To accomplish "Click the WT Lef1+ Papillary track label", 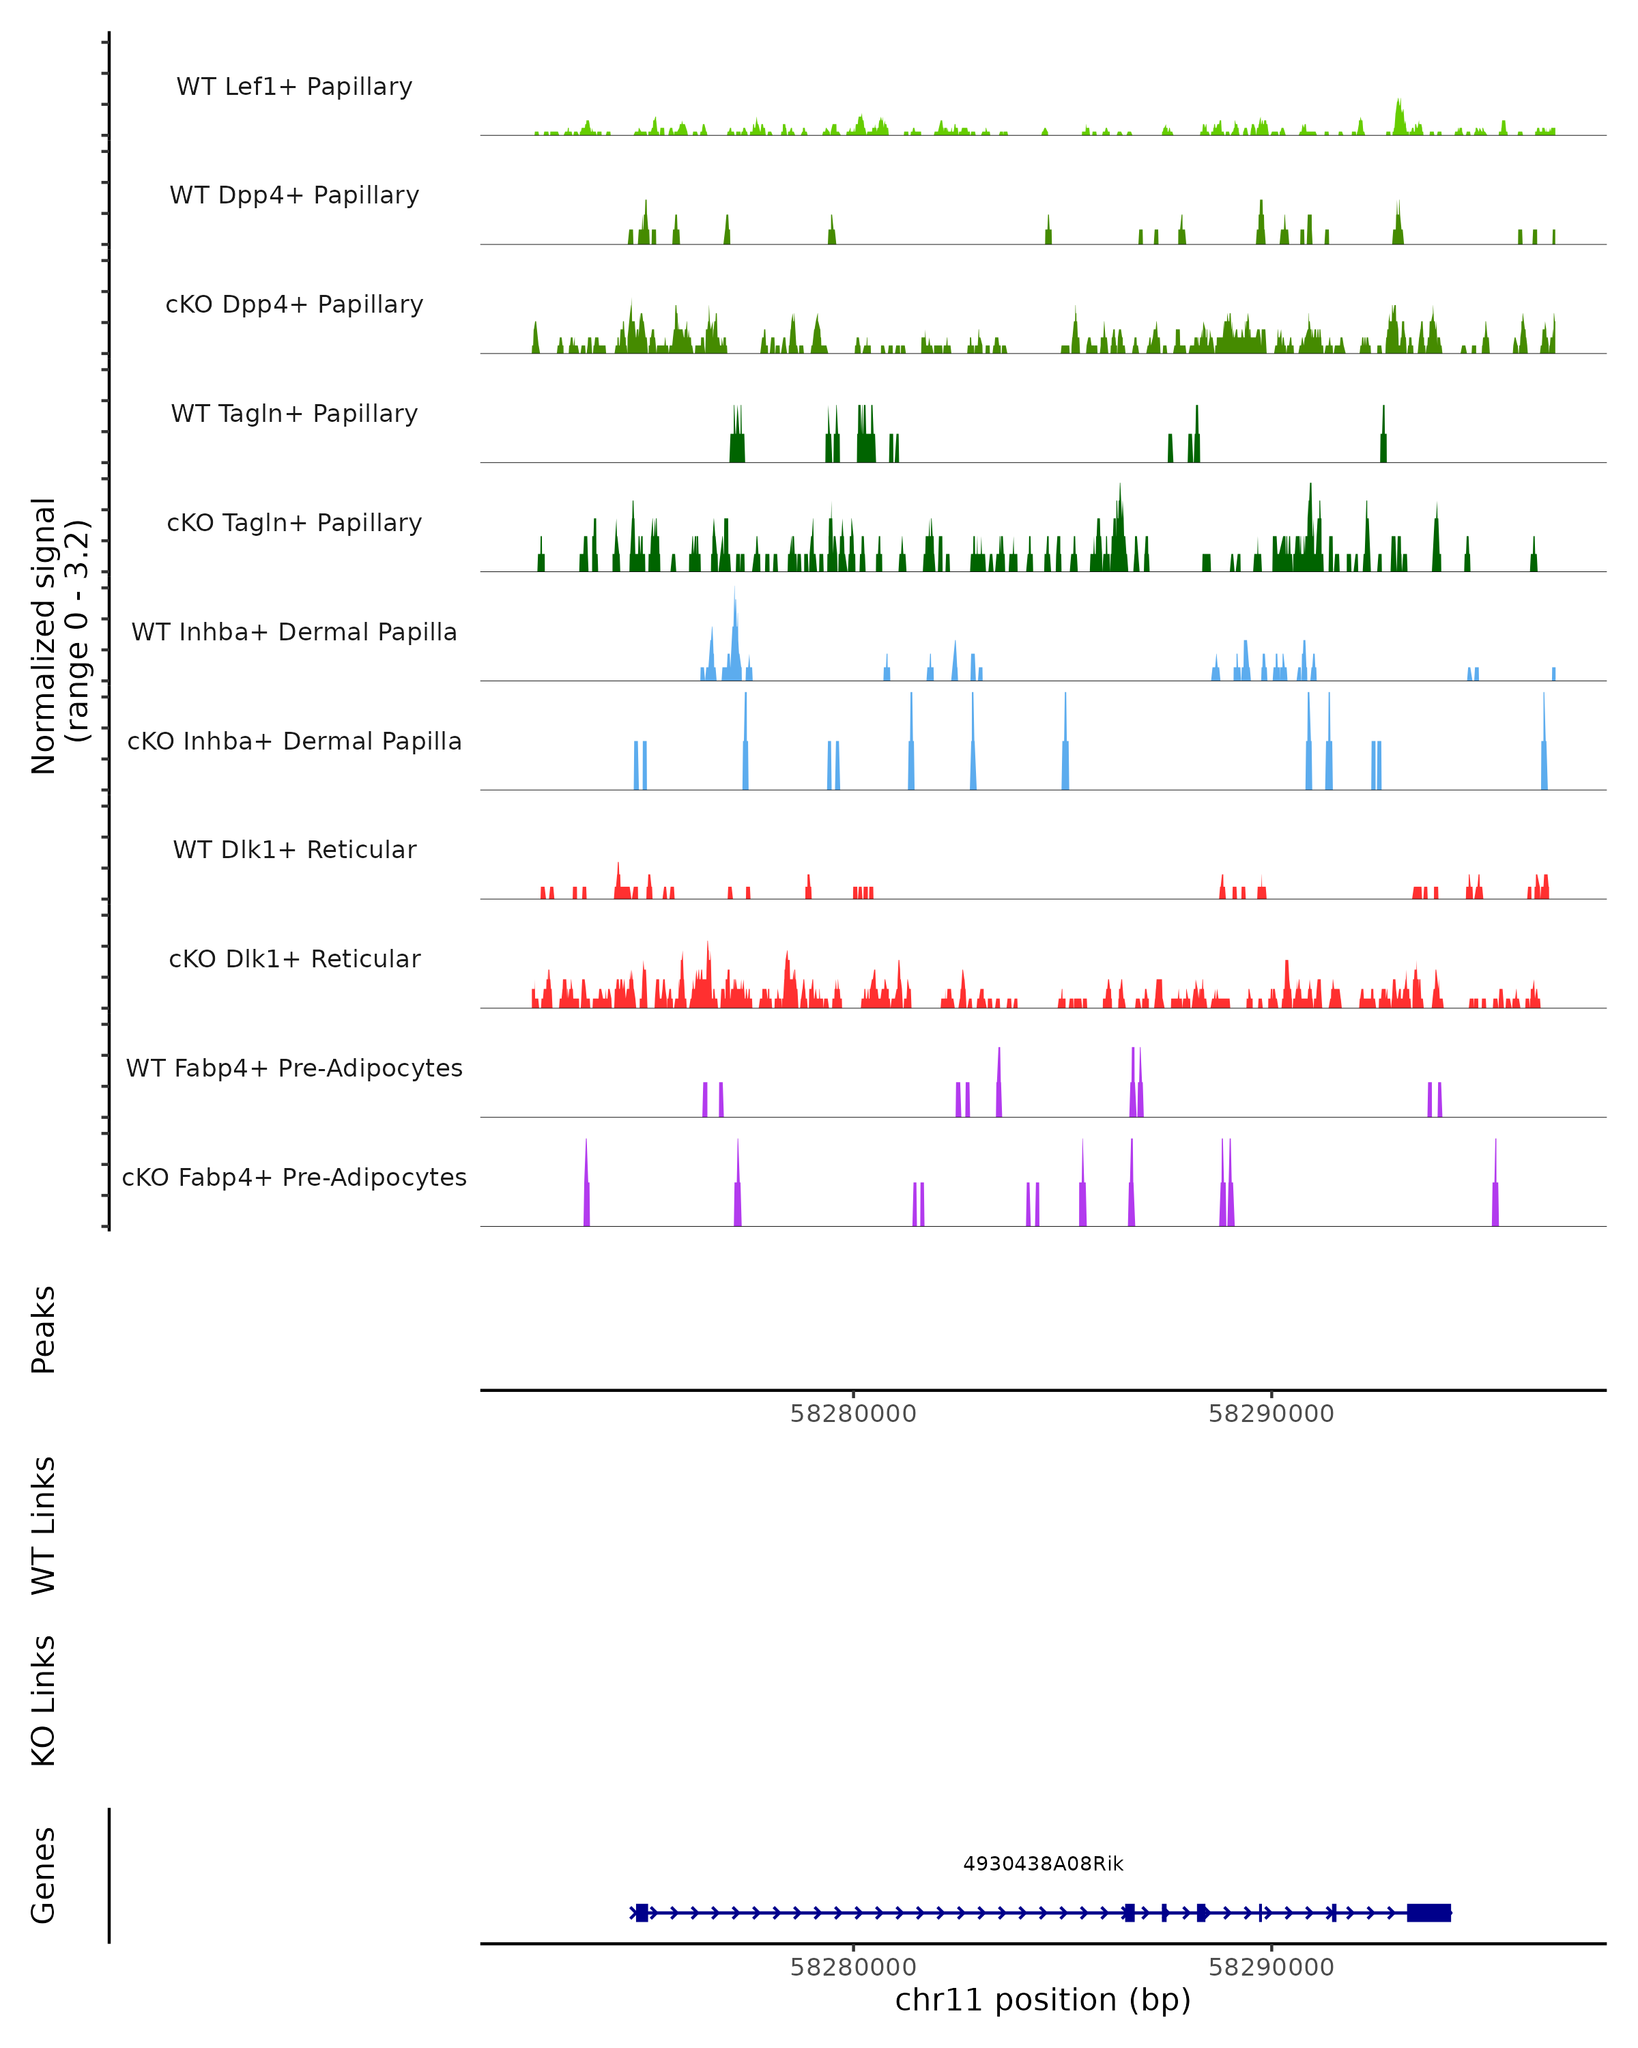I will pyautogui.click(x=294, y=87).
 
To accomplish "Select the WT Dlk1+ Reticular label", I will pyautogui.click(x=294, y=849).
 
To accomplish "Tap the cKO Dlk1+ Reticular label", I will pyautogui.click(x=294, y=958).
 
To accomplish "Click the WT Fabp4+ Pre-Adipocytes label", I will pyautogui.click(x=294, y=1068).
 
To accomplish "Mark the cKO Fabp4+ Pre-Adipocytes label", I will pyautogui.click(x=294, y=1177).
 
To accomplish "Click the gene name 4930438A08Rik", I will pyautogui.click(x=1043, y=1864).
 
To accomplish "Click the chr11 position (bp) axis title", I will pyautogui.click(x=1043, y=2000).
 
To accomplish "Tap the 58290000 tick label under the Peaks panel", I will pyautogui.click(x=1271, y=1414).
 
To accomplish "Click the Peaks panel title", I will pyautogui.click(x=44, y=1329).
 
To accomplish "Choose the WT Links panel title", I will pyautogui.click(x=44, y=1524).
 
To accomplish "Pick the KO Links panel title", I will pyautogui.click(x=44, y=1701).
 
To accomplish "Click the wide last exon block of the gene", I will pyautogui.click(x=1428, y=1912).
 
